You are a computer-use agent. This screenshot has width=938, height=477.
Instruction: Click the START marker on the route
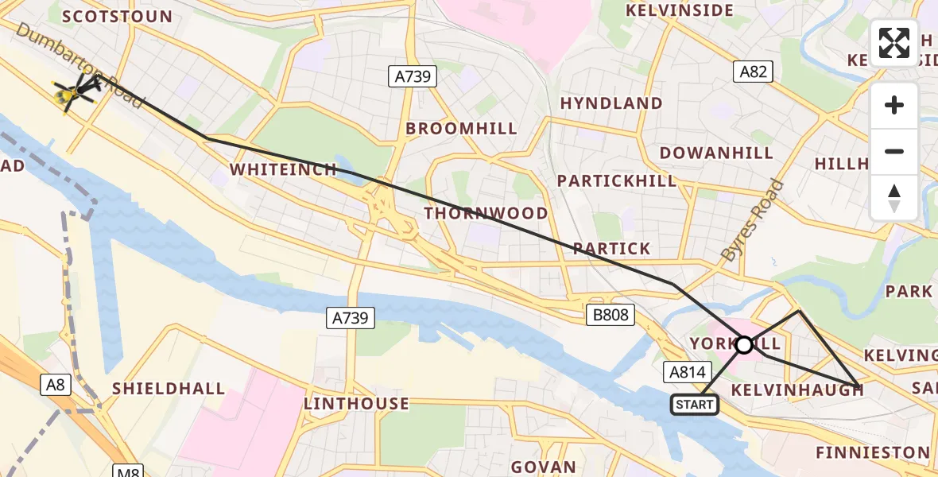(x=695, y=405)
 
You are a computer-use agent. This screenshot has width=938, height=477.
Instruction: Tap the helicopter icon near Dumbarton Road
(x=74, y=93)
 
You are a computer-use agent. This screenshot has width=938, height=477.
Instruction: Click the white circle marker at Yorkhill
(x=744, y=345)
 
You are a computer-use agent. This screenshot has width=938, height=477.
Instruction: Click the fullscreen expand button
(x=894, y=43)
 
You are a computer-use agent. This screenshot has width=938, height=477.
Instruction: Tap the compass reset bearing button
(x=894, y=198)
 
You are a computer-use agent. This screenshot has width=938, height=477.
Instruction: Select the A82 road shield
(x=754, y=72)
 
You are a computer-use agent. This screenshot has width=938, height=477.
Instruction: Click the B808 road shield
(x=610, y=315)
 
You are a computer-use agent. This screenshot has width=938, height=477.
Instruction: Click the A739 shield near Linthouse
(x=351, y=318)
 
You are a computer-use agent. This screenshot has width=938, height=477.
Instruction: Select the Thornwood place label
(x=486, y=213)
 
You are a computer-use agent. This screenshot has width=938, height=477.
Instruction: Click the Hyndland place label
(x=610, y=103)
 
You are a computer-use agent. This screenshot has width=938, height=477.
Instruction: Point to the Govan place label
(x=543, y=467)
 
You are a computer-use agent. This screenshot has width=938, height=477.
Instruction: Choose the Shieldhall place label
(x=169, y=389)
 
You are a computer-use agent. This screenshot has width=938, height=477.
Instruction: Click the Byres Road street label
(x=753, y=221)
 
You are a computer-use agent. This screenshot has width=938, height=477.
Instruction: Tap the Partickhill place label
(x=617, y=180)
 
